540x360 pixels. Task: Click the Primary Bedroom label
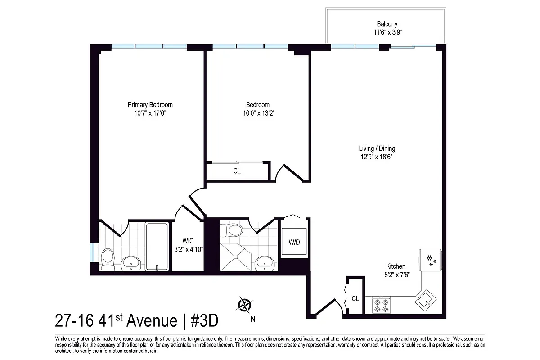[150, 105]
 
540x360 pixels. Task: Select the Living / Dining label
[377, 148]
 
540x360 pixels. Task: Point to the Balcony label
[387, 24]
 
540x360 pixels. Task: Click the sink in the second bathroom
[264, 262]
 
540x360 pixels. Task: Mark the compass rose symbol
[245, 306]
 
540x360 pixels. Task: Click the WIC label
[188, 240]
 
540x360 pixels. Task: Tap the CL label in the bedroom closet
[237, 171]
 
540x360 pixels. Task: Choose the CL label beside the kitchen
[355, 298]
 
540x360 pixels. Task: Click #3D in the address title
[204, 321]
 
